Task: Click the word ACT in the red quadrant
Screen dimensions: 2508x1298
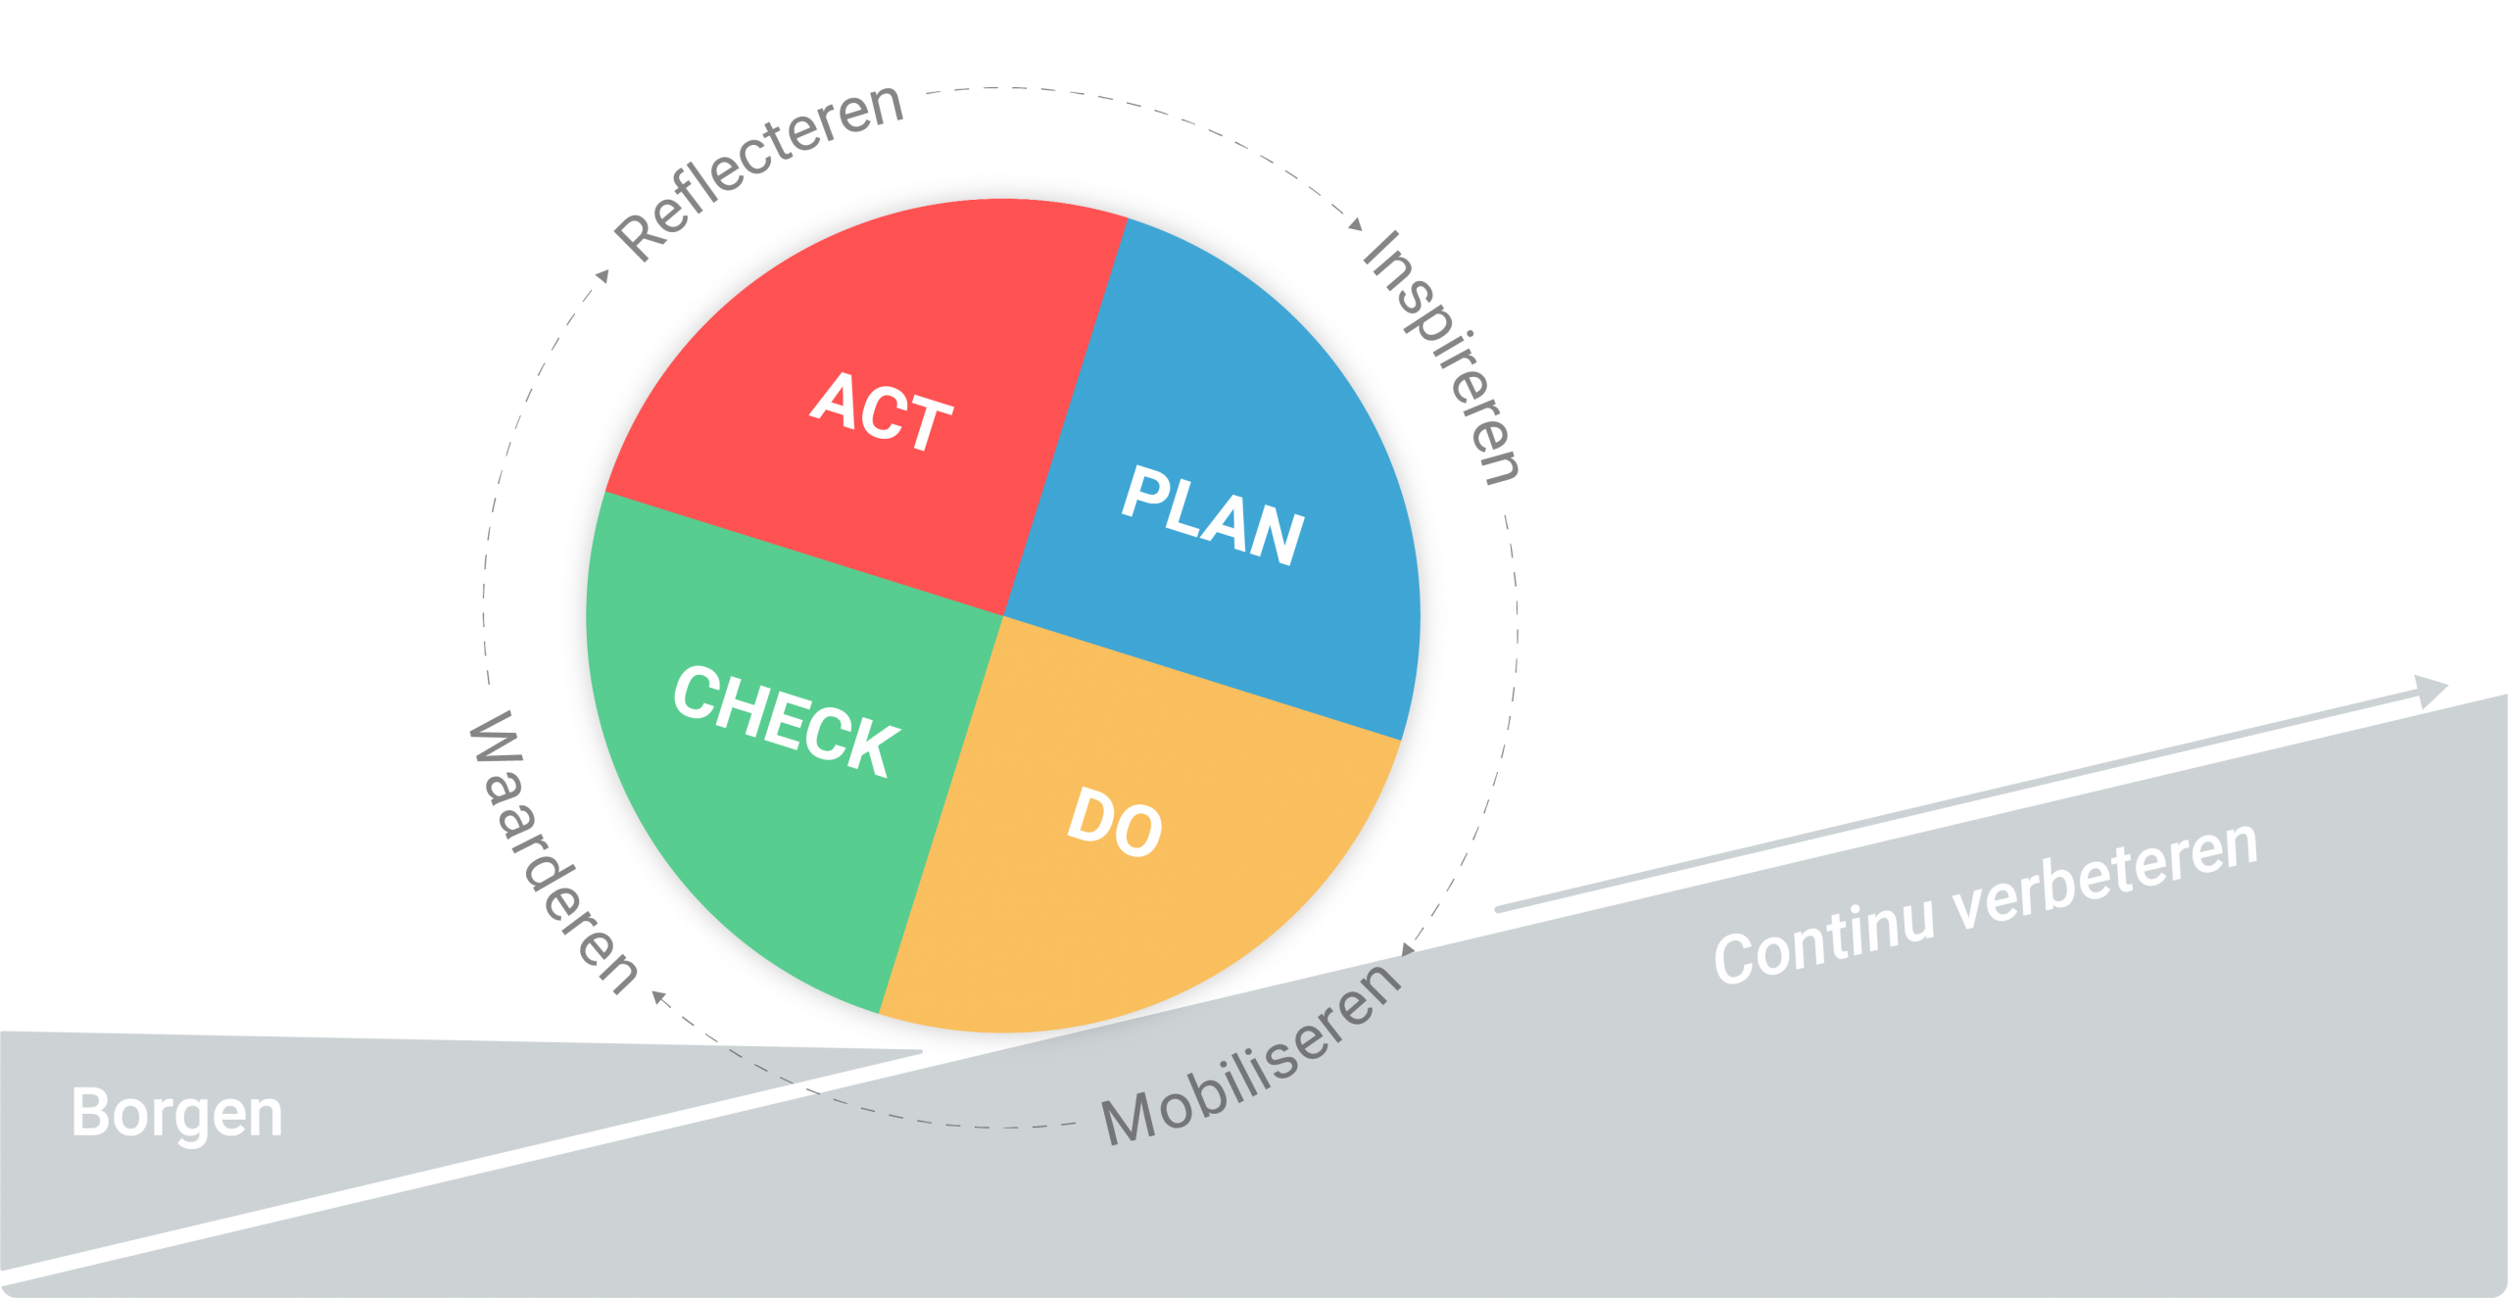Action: pyautogui.click(x=882, y=411)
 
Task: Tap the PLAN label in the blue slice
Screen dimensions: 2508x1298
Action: pyautogui.click(x=1213, y=515)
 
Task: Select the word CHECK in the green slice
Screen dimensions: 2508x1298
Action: pyautogui.click(x=786, y=721)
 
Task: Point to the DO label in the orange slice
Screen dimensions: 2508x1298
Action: pyautogui.click(x=1115, y=822)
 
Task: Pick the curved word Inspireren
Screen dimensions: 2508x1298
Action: pyautogui.click(x=1441, y=358)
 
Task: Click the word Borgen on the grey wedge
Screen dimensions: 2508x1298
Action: pyautogui.click(x=177, y=1115)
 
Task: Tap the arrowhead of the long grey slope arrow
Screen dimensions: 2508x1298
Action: pyautogui.click(x=2431, y=691)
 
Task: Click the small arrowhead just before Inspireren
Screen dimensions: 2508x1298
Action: pyautogui.click(x=1356, y=224)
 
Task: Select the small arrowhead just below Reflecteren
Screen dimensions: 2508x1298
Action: pyautogui.click(x=603, y=276)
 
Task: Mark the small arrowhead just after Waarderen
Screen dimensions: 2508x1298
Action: pyautogui.click(x=659, y=997)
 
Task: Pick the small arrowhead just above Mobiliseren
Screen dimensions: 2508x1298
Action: pyautogui.click(x=1409, y=948)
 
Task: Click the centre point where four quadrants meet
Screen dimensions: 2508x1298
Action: pyautogui.click(x=1003, y=615)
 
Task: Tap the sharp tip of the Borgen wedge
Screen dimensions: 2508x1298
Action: pyautogui.click(x=922, y=1052)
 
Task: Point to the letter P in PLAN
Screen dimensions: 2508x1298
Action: pyautogui.click(x=1142, y=492)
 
